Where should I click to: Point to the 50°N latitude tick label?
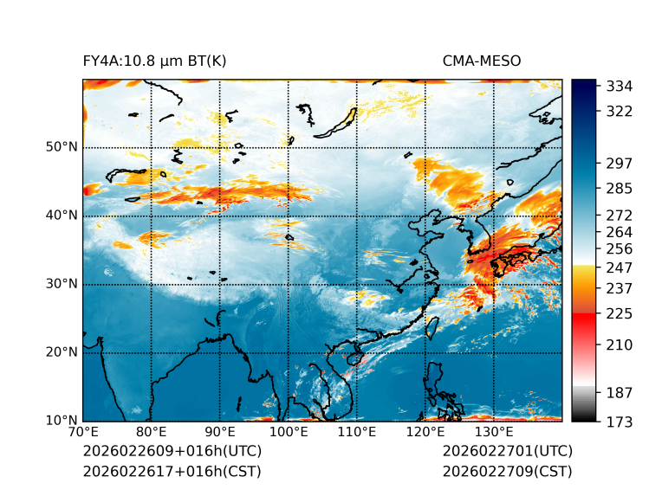pos(62,147)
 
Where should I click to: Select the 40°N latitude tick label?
pos(62,216)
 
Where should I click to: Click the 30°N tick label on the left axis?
pos(62,284)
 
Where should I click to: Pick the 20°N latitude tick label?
pos(62,352)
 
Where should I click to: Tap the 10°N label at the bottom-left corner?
pos(62,421)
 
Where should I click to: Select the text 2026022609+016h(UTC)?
pos(172,451)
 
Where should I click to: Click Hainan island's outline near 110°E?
pos(354,358)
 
